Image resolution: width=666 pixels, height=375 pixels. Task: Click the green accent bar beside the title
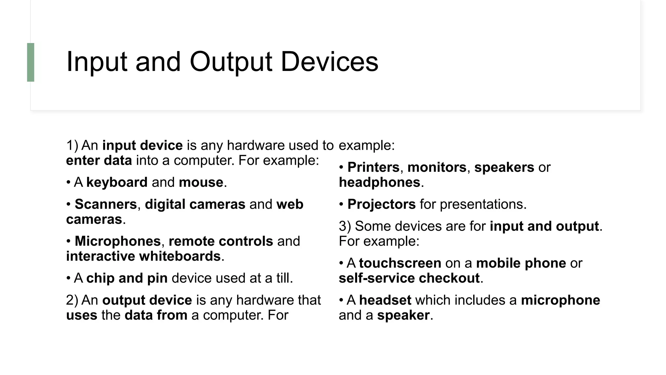31,62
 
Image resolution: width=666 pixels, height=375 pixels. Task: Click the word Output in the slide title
231,62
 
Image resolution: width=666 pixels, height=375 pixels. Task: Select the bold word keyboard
117,182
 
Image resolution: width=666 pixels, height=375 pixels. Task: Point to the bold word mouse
201,182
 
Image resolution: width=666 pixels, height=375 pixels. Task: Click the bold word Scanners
106,204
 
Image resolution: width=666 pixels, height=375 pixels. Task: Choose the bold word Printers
373,167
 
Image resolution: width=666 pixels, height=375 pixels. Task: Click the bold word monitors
437,167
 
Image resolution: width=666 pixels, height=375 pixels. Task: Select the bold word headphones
380,182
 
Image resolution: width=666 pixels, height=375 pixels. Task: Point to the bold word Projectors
381,204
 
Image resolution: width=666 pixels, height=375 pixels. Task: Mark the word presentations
483,204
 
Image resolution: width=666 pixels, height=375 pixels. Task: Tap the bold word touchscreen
400,263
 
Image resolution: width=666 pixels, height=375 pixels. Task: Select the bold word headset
385,300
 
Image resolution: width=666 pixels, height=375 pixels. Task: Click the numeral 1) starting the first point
72,146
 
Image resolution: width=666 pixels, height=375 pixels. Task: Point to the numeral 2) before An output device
72,300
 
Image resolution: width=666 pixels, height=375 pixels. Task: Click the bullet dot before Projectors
341,204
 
